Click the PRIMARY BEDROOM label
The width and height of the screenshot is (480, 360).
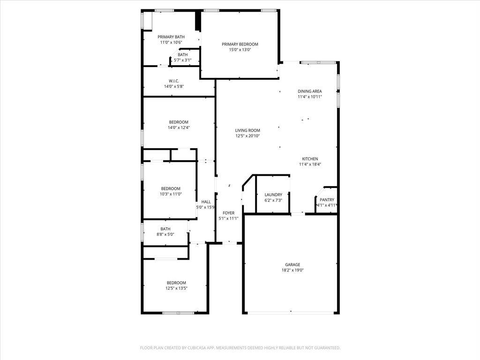click(240, 45)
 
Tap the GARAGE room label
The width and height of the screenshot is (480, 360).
click(292, 265)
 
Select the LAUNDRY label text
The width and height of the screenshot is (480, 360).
click(273, 195)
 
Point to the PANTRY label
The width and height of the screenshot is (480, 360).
click(327, 200)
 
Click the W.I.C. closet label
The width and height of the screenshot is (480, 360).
click(174, 81)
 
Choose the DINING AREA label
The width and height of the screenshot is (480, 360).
click(310, 91)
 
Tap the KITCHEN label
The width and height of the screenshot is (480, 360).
click(310, 159)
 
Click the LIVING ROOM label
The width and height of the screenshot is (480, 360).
click(247, 130)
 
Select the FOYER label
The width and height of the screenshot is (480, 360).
click(229, 213)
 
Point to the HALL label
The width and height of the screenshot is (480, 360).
click(206, 202)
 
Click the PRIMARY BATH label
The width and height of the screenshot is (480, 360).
click(171, 37)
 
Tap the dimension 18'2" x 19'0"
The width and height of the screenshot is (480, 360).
click(292, 270)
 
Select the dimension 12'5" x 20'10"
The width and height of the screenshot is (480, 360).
click(247, 136)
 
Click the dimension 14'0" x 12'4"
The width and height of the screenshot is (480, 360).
click(179, 127)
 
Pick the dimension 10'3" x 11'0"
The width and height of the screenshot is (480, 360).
click(171, 194)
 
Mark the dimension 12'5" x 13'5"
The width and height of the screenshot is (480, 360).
click(177, 288)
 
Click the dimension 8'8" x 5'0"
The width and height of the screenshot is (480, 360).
click(165, 234)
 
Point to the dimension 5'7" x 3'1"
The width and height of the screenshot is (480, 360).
click(183, 60)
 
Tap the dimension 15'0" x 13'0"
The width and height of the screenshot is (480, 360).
click(240, 50)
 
